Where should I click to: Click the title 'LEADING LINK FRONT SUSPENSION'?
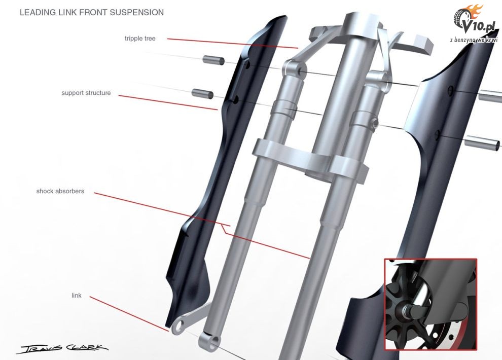[x=92, y=13]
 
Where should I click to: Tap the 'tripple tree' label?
[x=140, y=39]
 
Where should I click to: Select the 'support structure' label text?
[x=86, y=93]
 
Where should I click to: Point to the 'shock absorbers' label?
[x=60, y=191]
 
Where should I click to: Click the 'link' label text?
[x=77, y=296]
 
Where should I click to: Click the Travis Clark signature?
[x=63, y=348]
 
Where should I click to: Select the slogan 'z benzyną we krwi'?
[x=474, y=40]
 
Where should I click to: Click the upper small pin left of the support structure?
[x=213, y=60]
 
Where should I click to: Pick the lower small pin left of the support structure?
[x=202, y=93]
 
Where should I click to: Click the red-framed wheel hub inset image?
[x=431, y=304]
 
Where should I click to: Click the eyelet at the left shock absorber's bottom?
[x=209, y=341]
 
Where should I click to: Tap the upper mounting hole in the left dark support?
[x=247, y=65]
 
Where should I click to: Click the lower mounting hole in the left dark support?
[x=236, y=99]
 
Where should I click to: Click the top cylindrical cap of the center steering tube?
[x=362, y=23]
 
